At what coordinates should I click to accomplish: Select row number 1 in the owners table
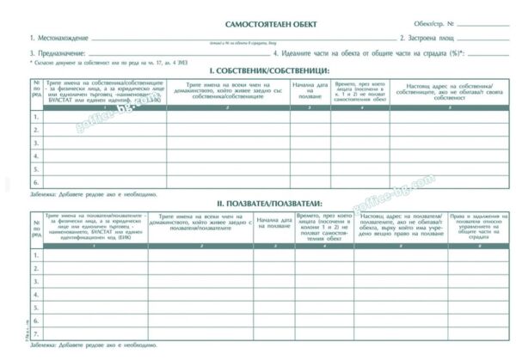[x=36, y=117]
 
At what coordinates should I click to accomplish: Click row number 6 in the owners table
[x=36, y=182]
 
